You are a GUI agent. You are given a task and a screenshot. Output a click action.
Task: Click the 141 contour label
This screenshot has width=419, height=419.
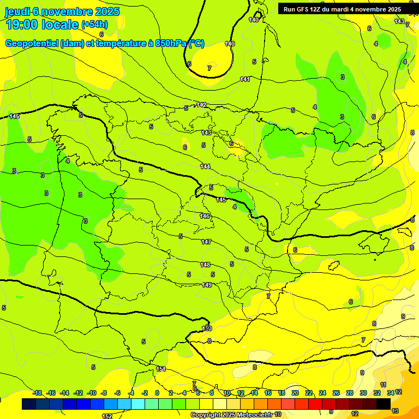[x=245, y=80]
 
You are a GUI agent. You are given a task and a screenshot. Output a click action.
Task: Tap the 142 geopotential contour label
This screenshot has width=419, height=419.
[x=201, y=105]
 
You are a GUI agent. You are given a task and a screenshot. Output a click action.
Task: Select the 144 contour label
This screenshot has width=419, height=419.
[x=205, y=166]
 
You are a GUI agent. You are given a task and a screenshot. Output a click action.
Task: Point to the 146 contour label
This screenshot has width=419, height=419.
[x=205, y=217]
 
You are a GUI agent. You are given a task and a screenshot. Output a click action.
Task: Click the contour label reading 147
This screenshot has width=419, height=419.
[x=206, y=242]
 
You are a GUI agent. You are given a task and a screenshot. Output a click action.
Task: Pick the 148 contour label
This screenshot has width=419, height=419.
[x=205, y=265]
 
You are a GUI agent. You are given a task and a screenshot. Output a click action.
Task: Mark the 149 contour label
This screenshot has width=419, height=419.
[x=207, y=285]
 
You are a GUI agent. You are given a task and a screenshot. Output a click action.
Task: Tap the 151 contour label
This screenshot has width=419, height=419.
[x=161, y=369]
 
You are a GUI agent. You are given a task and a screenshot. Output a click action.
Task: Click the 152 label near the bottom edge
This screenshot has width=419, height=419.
[x=107, y=416]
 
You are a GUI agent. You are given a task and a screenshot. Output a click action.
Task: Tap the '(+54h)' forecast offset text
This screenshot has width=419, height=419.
[x=94, y=25]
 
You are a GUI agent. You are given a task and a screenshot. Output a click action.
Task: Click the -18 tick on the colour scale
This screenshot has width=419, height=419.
[x=37, y=393]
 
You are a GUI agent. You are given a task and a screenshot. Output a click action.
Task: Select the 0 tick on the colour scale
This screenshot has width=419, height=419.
[x=157, y=393]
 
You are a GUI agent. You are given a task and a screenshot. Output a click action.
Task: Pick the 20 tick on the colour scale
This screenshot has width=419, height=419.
[x=295, y=393]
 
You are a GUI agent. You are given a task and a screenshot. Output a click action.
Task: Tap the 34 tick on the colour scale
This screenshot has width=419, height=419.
[x=391, y=393]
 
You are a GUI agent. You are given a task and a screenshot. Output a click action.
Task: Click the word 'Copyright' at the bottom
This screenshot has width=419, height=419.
[x=206, y=415]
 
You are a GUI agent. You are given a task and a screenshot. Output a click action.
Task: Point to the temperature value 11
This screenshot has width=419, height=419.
[x=384, y=385]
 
